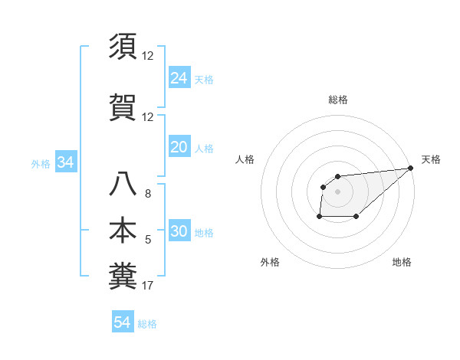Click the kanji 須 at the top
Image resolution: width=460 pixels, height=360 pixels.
(123, 47)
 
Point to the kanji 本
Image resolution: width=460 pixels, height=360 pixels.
(123, 231)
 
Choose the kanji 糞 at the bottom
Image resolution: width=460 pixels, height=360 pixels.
(123, 276)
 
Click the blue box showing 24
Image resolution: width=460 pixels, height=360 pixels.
(179, 77)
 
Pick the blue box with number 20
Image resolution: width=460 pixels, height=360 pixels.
(179, 147)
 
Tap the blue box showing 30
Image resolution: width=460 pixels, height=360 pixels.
(179, 232)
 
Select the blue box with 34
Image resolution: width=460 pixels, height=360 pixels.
(65, 162)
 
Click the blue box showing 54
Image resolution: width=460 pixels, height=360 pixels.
(122, 322)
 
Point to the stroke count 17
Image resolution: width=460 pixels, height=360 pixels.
(148, 286)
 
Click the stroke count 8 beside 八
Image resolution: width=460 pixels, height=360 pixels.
(148, 194)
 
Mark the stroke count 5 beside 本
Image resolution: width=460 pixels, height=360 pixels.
(148, 241)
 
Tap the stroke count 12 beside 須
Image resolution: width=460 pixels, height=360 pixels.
(148, 56)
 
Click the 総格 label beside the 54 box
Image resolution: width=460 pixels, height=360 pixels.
(147, 324)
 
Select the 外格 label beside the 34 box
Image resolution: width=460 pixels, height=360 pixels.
(41, 164)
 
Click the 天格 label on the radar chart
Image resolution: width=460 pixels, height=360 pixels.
(431, 159)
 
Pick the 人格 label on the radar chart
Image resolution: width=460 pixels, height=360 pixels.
(245, 159)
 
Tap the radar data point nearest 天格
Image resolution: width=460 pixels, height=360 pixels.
(411, 168)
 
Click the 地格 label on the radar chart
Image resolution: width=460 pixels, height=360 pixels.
(402, 262)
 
